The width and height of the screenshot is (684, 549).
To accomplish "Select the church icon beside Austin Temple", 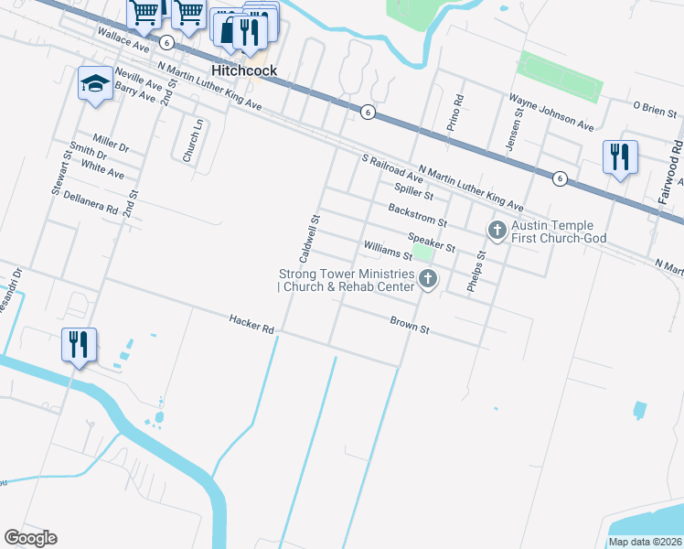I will pos(497,230).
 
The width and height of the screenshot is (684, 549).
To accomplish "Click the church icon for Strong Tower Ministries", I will pos(427,279).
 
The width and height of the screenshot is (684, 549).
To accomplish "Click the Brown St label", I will pos(410,323).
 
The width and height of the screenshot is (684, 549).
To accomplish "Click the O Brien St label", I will pos(654,106).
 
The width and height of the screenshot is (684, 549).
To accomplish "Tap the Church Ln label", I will pos(190,143).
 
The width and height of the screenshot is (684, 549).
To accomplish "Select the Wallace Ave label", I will pos(124,38).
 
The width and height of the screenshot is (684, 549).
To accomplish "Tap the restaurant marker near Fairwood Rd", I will pos(620,156).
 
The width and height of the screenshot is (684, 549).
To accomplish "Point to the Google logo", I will pos(30,538).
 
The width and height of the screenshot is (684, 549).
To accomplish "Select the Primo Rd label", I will pos(452,113).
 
